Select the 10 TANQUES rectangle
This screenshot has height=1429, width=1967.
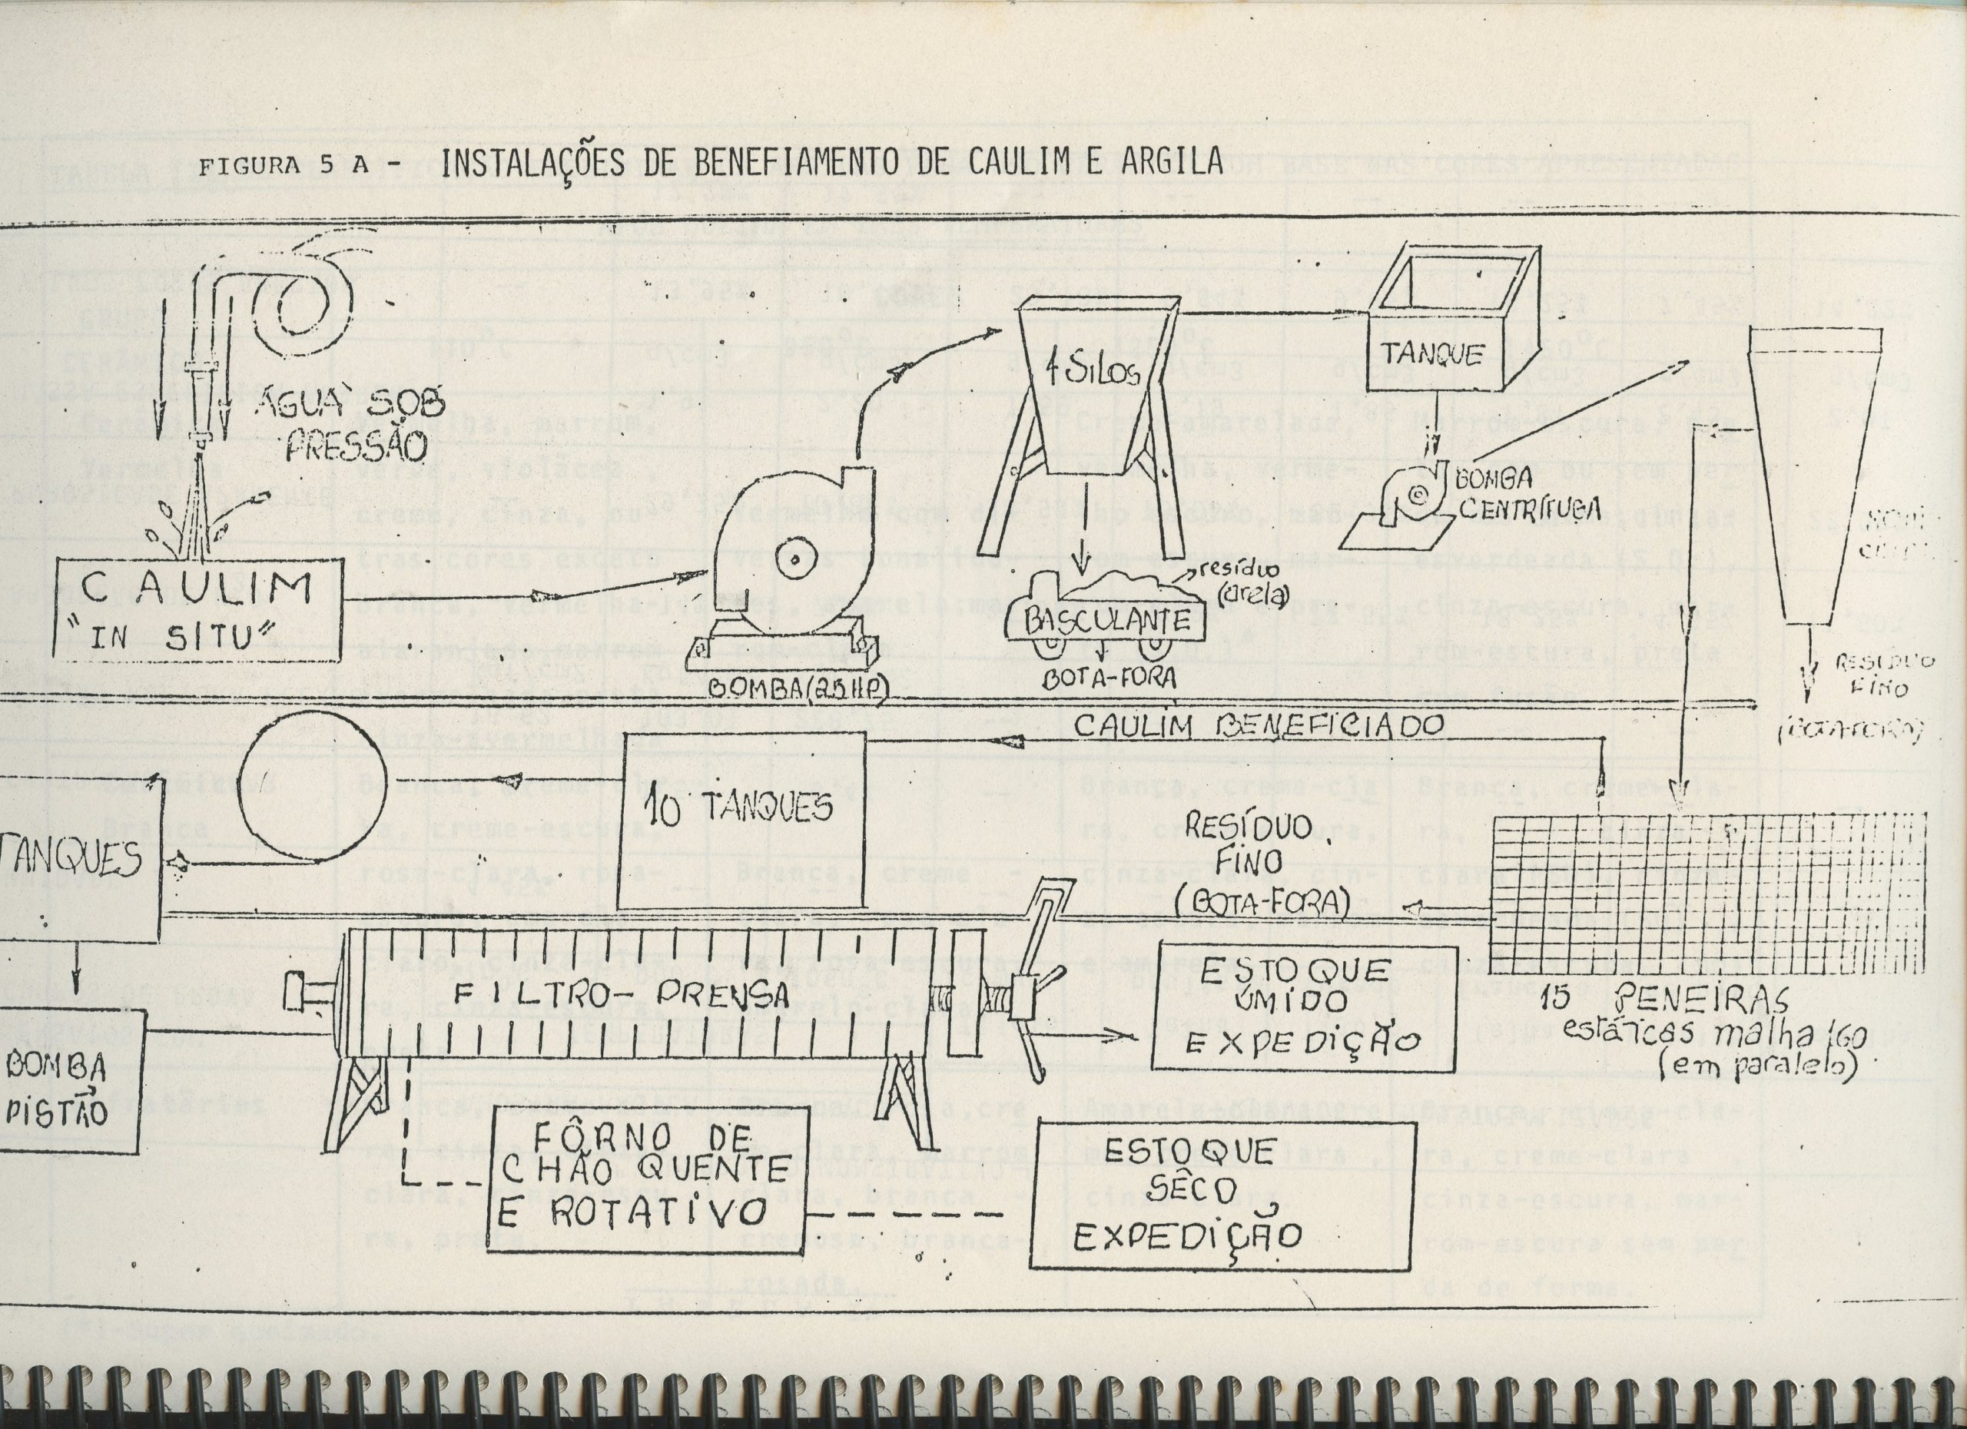click(746, 807)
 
